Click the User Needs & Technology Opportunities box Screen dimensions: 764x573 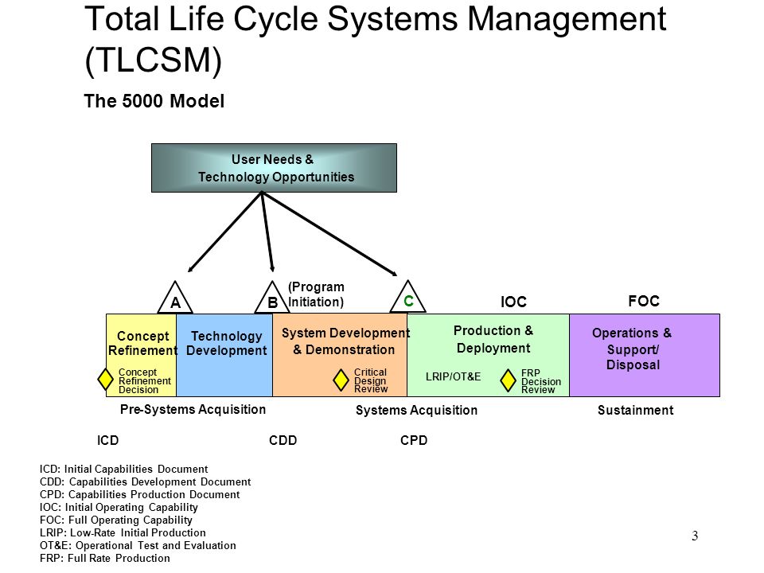274,168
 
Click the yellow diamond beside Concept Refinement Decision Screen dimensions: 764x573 105,379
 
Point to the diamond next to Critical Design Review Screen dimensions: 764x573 341,380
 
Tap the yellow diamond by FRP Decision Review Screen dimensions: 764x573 508,380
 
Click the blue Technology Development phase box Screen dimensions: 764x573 224,355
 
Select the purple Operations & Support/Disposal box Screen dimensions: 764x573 644,355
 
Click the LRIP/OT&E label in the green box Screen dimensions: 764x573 453,376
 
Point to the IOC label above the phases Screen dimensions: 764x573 513,302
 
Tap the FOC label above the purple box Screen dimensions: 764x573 644,301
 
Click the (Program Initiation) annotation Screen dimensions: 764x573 316,294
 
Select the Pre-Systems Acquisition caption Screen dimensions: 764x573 193,409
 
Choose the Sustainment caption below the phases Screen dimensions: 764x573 635,411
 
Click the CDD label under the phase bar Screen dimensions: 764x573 283,440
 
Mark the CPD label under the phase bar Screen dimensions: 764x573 414,440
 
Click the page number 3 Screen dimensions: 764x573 695,536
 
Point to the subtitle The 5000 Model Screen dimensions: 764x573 154,101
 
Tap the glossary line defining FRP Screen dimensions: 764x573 105,559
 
